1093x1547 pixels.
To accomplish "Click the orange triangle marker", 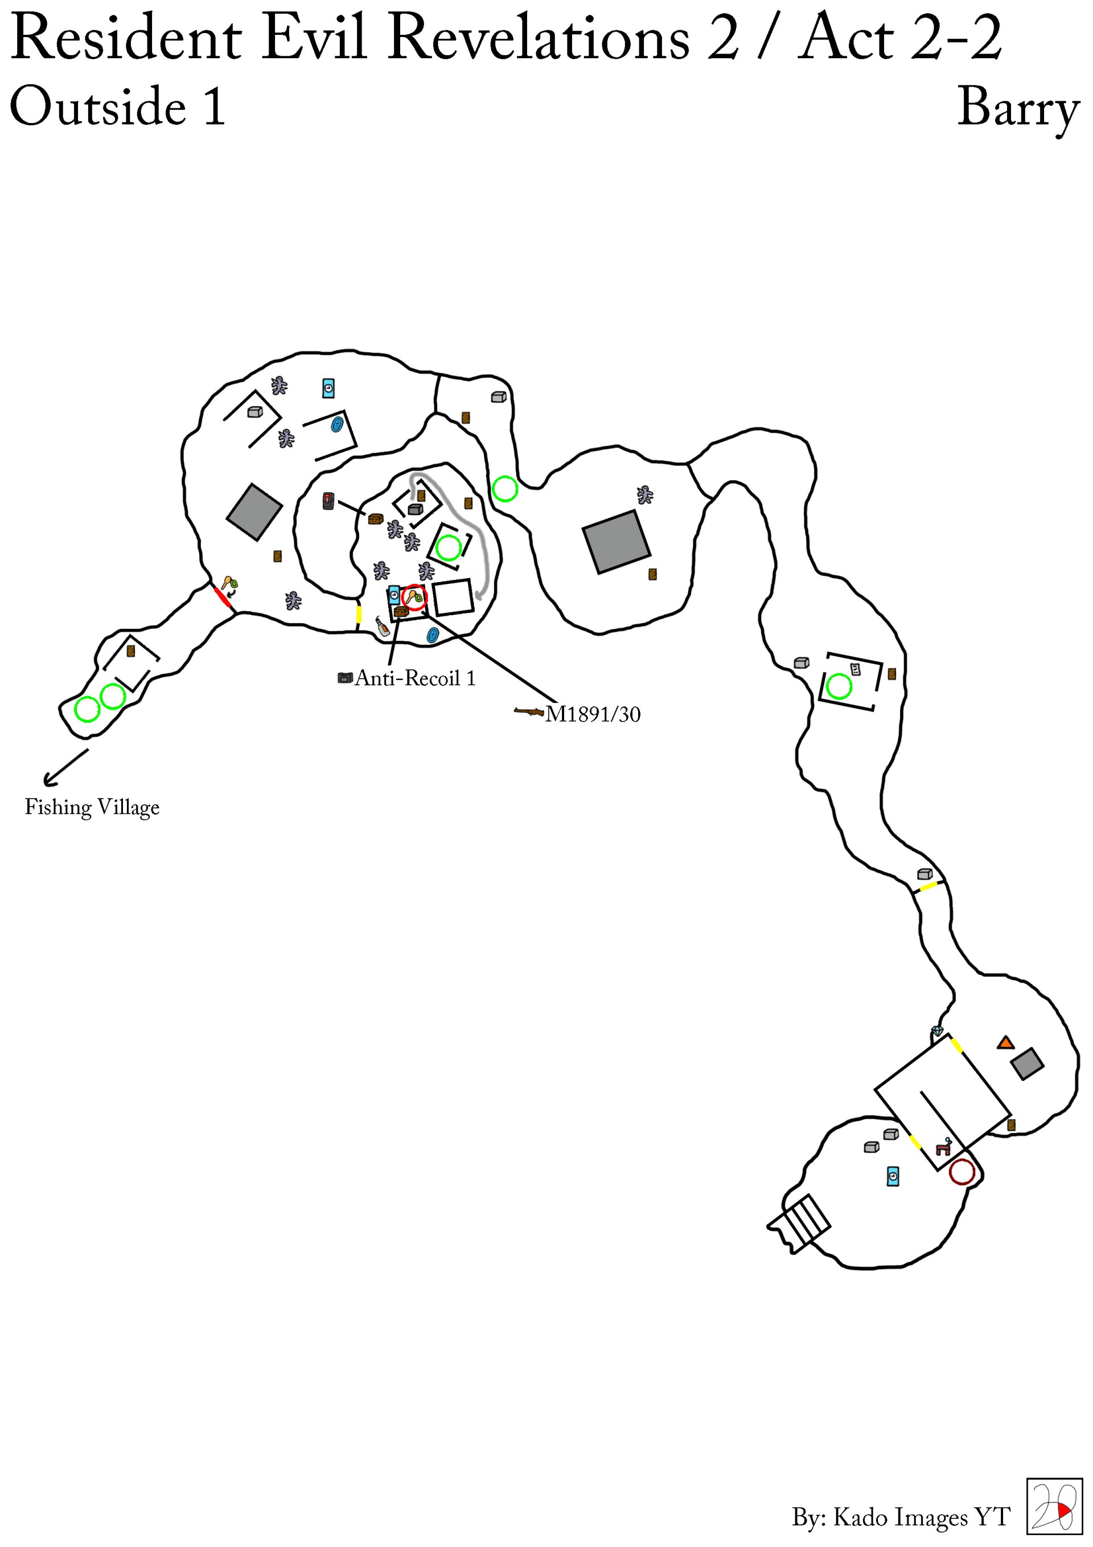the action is [x=1005, y=1043].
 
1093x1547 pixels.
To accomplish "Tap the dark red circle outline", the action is [x=961, y=1172].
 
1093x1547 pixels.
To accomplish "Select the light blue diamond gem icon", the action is [x=937, y=1031].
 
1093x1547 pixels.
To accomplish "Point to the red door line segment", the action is [x=221, y=597].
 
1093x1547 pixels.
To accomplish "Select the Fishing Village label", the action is [x=92, y=807].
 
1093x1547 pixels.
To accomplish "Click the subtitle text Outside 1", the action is [x=118, y=107].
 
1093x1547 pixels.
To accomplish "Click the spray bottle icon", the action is [x=383, y=627].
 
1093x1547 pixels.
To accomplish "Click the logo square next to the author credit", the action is [x=1054, y=1506].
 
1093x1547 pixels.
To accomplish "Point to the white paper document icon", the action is [x=855, y=670].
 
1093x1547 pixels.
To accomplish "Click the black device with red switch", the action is [x=328, y=501].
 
